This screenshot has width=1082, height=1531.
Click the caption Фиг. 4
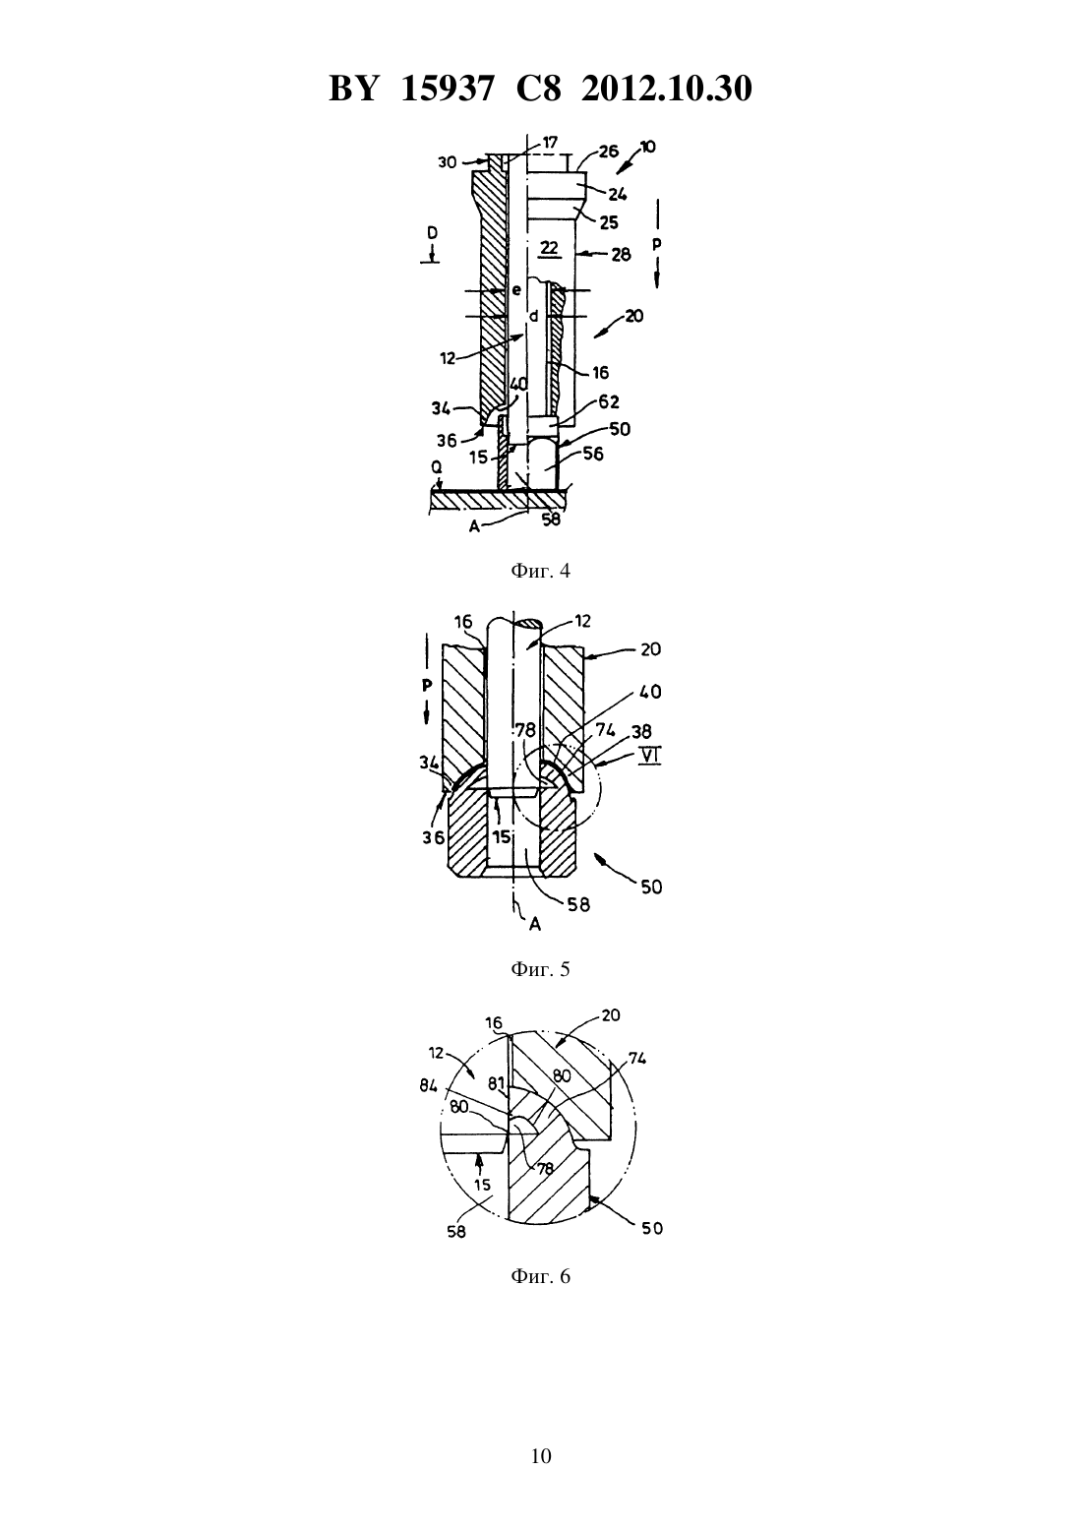point(540,571)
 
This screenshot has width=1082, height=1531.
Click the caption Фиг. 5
point(540,969)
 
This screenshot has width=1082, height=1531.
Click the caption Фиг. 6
point(540,1276)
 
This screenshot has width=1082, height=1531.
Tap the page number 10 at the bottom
point(540,1456)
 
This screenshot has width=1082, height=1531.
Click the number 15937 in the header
point(447,89)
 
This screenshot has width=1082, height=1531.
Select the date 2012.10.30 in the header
point(667,89)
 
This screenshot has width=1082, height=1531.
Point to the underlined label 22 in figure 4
point(549,248)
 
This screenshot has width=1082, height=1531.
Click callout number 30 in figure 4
point(448,162)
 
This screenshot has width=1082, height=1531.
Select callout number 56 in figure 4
point(593,454)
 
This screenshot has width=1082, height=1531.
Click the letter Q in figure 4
point(437,467)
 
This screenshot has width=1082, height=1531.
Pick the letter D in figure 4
point(432,233)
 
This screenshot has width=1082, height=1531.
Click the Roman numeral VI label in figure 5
point(649,756)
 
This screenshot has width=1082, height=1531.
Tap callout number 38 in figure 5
point(641,731)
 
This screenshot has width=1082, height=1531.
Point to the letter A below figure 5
point(535,924)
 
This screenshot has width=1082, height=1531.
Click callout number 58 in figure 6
point(455,1232)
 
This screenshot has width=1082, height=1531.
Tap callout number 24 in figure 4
point(618,195)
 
